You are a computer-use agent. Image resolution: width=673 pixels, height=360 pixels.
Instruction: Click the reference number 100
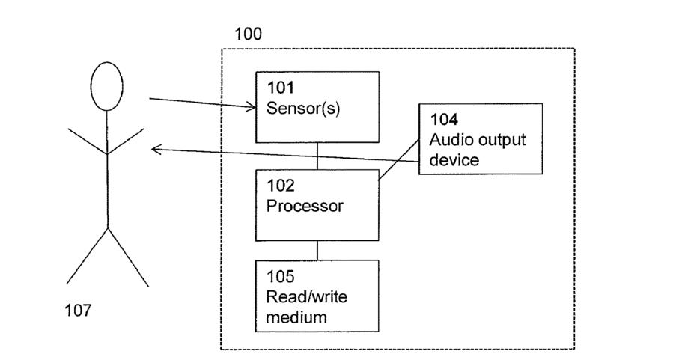248,34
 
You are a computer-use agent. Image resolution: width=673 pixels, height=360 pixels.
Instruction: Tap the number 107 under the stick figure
78,310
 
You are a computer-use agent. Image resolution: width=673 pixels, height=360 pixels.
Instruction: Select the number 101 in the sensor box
281,88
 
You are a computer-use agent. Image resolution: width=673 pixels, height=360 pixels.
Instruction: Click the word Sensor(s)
303,108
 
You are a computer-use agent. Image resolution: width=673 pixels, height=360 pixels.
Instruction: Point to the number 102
281,186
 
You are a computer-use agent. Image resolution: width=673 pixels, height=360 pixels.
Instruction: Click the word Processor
305,206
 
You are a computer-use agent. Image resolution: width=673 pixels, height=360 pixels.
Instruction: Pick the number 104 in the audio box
444,119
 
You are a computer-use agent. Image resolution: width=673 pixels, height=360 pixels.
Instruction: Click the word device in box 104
454,160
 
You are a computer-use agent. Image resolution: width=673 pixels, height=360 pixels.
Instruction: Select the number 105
281,276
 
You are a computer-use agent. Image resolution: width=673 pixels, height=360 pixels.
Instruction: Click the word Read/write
306,296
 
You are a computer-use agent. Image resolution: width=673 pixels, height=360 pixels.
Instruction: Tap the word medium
296,317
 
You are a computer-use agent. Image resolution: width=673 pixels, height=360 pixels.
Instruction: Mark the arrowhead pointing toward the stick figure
156,150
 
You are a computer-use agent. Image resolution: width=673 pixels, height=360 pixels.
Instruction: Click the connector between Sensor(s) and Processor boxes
317,156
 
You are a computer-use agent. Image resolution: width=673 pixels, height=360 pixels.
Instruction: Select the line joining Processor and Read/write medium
317,251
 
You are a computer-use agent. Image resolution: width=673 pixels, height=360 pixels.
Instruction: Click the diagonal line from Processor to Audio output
399,159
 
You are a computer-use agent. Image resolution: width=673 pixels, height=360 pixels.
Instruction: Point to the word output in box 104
502,141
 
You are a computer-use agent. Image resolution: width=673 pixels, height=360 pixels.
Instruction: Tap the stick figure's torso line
107,169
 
